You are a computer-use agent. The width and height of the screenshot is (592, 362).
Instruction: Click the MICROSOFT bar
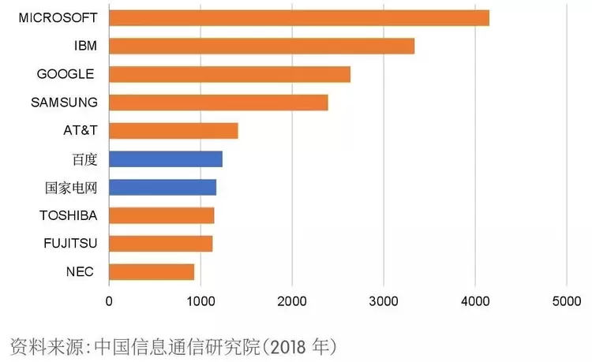click(298, 17)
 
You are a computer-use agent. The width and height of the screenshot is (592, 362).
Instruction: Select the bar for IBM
click(261, 46)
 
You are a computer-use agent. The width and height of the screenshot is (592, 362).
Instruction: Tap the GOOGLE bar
click(229, 74)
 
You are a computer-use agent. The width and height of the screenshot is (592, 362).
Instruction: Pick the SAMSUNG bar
click(218, 103)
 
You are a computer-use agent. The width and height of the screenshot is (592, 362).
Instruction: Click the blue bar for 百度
click(165, 159)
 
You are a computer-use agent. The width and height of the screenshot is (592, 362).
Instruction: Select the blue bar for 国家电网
click(162, 187)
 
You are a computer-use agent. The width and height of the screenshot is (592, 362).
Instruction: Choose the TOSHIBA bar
click(161, 215)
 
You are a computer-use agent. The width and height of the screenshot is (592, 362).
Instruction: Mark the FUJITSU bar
click(160, 244)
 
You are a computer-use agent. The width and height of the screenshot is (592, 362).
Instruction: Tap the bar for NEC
click(151, 272)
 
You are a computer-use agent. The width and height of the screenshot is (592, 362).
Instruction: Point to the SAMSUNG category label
click(64, 103)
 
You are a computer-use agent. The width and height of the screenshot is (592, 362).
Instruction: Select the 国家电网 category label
click(71, 188)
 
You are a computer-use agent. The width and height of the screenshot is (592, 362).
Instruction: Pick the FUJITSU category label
click(69, 244)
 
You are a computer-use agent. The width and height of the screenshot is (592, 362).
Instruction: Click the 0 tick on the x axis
click(109, 300)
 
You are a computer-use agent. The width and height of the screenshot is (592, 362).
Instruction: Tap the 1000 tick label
click(200, 300)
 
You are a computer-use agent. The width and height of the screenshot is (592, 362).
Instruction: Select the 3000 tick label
click(384, 300)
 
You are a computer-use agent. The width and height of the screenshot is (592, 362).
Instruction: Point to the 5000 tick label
click(566, 300)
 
